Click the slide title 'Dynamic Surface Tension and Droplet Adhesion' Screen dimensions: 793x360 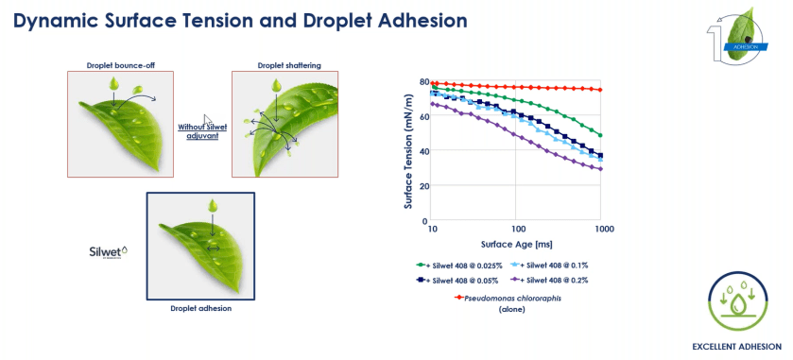(x=240, y=21)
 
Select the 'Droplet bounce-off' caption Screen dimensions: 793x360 (x=120, y=65)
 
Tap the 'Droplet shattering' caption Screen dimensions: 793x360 (x=289, y=65)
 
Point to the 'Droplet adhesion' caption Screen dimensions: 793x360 (x=200, y=308)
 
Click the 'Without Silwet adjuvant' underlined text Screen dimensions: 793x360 (x=198, y=131)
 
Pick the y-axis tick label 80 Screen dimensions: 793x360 (x=424, y=81)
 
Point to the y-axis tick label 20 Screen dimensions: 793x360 (x=424, y=185)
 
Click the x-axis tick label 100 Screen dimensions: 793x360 (x=515, y=229)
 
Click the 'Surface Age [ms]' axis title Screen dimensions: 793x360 (x=516, y=244)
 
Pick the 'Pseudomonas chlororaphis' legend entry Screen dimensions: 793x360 (x=509, y=298)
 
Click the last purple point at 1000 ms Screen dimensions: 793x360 (x=600, y=169)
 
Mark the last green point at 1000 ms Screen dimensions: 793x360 (x=600, y=135)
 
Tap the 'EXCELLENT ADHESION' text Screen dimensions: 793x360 (x=737, y=347)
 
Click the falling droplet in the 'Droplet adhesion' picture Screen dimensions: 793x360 (x=213, y=205)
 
